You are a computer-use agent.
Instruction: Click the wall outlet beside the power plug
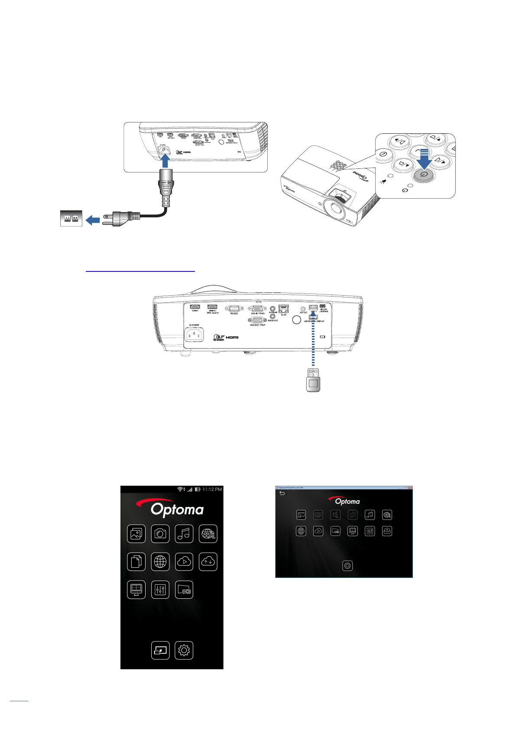pyautogui.click(x=71, y=219)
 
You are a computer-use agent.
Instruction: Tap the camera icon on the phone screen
pyautogui.click(x=160, y=534)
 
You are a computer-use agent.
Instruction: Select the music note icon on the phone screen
pyautogui.click(x=184, y=534)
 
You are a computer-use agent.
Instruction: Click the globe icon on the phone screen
pyautogui.click(x=160, y=562)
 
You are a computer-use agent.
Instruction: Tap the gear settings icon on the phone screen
pyautogui.click(x=184, y=650)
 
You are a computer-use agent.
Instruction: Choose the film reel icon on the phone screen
pyautogui.click(x=208, y=534)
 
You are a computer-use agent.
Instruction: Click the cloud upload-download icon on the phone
pyautogui.click(x=208, y=562)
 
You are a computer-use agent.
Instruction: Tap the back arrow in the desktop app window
pyautogui.click(x=282, y=494)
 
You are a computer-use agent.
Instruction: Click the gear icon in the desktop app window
pyautogui.click(x=347, y=566)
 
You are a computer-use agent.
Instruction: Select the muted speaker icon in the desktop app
pyautogui.click(x=335, y=515)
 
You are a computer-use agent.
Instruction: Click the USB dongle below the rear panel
pyautogui.click(x=313, y=381)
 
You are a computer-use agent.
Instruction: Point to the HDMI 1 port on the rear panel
pyautogui.click(x=195, y=307)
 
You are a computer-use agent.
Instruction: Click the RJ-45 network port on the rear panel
pyautogui.click(x=284, y=309)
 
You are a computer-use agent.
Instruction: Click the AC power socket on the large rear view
pyautogui.click(x=194, y=335)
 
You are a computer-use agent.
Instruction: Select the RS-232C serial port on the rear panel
pyautogui.click(x=234, y=308)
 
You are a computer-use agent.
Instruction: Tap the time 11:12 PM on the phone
pyautogui.click(x=212, y=490)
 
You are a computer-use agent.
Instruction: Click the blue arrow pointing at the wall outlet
pyautogui.click(x=93, y=220)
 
